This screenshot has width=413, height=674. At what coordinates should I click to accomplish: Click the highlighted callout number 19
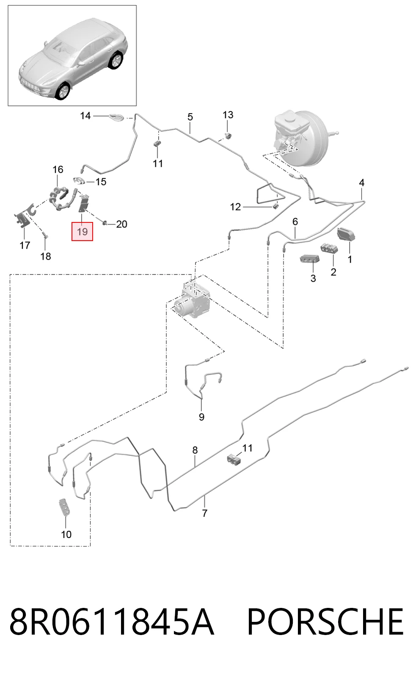point(82,232)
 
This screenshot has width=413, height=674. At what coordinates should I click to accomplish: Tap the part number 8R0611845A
point(112,621)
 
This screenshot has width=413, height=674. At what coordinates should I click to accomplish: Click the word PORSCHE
point(325,621)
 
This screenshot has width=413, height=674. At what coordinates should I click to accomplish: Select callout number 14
point(85,116)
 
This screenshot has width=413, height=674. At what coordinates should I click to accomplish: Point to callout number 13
point(228,115)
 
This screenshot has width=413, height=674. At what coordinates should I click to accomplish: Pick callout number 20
point(121,224)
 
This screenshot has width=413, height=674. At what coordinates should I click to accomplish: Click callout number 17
point(25,245)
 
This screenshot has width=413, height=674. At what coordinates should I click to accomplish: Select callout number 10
point(66,534)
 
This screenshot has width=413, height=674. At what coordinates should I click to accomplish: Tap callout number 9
point(201,417)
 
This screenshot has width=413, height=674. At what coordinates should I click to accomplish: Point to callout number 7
point(204,513)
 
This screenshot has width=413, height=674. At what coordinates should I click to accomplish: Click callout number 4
point(362,183)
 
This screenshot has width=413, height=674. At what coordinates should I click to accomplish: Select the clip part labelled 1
point(346,234)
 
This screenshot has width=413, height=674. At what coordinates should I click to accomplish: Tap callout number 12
point(235,207)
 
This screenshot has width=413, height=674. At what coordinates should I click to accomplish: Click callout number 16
point(58,169)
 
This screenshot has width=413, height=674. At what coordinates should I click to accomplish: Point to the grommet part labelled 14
point(116,117)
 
